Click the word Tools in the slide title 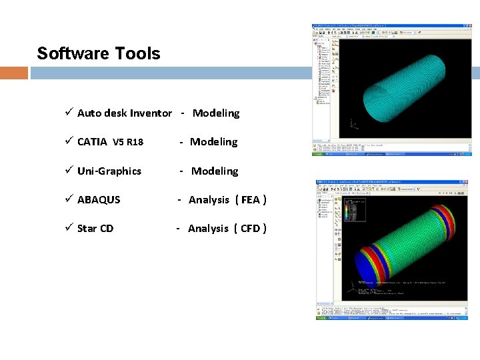[x=138, y=53]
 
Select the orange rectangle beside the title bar [x=13, y=72]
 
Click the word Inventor [x=151, y=113]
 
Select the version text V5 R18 [x=128, y=142]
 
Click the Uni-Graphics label [x=109, y=171]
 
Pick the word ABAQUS [x=99, y=200]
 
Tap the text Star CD [x=95, y=229]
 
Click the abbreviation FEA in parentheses [x=251, y=200]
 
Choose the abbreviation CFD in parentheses [x=250, y=229]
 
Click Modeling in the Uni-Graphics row [x=215, y=171]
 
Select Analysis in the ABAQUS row [x=209, y=200]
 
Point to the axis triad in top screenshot [x=353, y=124]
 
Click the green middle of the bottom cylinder [x=409, y=233]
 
